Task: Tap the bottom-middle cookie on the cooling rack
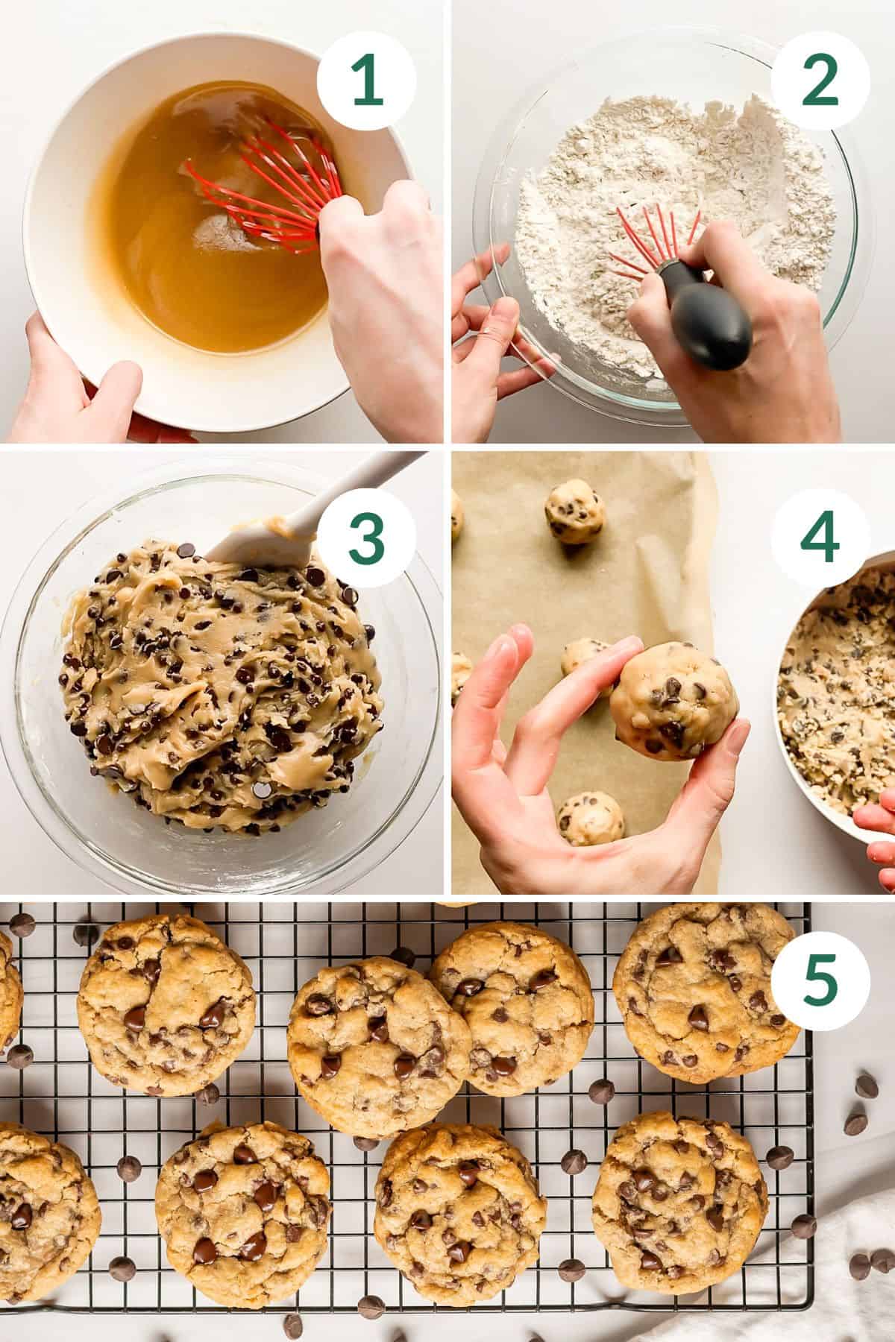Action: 460,1208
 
